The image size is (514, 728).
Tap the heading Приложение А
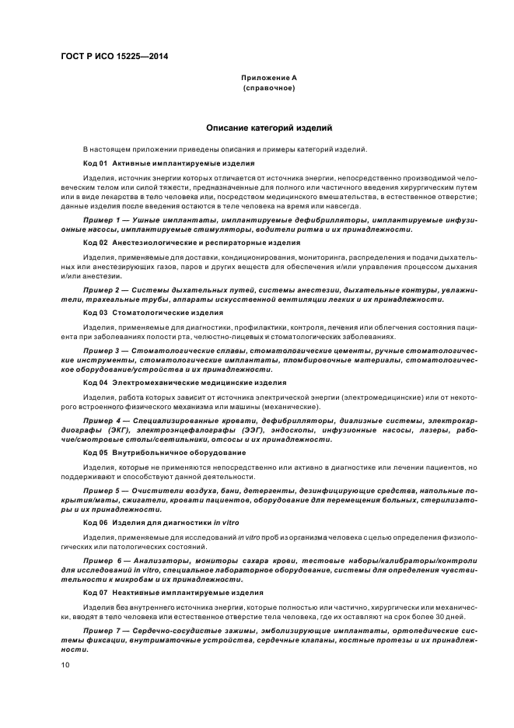click(268, 78)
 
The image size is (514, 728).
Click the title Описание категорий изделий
click(269, 127)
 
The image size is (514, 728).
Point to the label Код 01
click(94, 163)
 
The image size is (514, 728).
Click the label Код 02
click(94, 243)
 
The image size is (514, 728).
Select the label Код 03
click(94, 312)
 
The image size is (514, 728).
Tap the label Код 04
click(94, 382)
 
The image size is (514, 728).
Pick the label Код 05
click(94, 452)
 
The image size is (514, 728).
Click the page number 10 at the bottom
click(65, 664)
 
